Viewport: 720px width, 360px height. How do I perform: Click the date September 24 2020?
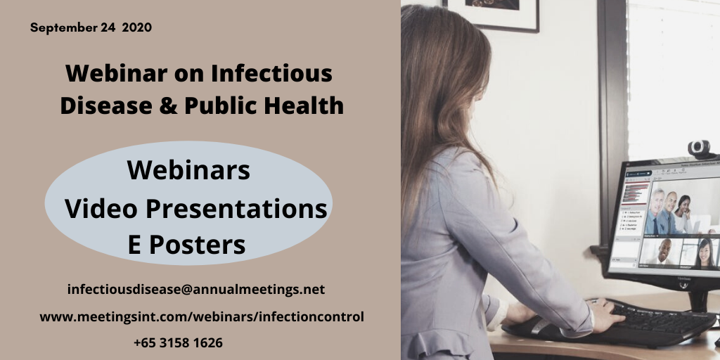click(91, 28)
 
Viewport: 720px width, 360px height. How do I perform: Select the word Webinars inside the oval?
click(188, 170)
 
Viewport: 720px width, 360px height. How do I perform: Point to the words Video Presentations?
click(195, 208)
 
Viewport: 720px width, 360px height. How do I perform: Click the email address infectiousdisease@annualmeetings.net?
click(196, 289)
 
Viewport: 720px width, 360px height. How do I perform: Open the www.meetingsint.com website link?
click(202, 316)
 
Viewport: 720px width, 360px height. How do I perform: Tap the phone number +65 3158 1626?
click(178, 343)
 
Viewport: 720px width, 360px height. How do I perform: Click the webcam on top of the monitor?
click(698, 148)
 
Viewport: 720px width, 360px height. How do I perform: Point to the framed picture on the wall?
click(492, 14)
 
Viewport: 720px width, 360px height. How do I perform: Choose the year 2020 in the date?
click(136, 28)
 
